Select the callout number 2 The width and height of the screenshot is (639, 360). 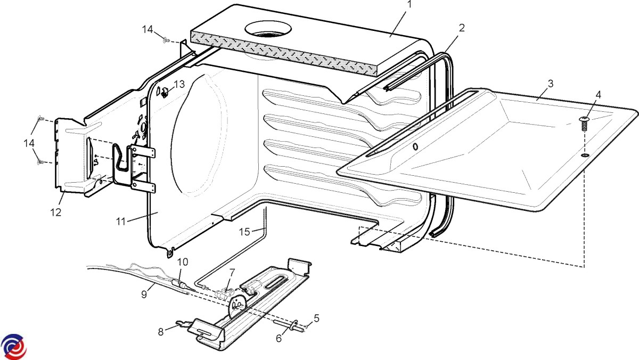click(462, 28)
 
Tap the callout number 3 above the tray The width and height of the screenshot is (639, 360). click(550, 84)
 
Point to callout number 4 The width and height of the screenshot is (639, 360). click(599, 95)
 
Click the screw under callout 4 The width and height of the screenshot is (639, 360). click(584, 123)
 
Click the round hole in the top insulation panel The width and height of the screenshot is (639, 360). click(268, 30)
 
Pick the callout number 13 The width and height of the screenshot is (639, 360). click(179, 84)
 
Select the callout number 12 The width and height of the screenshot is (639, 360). click(56, 212)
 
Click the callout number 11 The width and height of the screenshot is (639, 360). click(122, 221)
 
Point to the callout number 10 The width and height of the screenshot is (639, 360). click(183, 262)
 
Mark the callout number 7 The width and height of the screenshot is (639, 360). click(232, 272)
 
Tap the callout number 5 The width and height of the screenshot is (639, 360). click(316, 318)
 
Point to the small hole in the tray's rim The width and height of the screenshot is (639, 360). click(415, 146)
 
